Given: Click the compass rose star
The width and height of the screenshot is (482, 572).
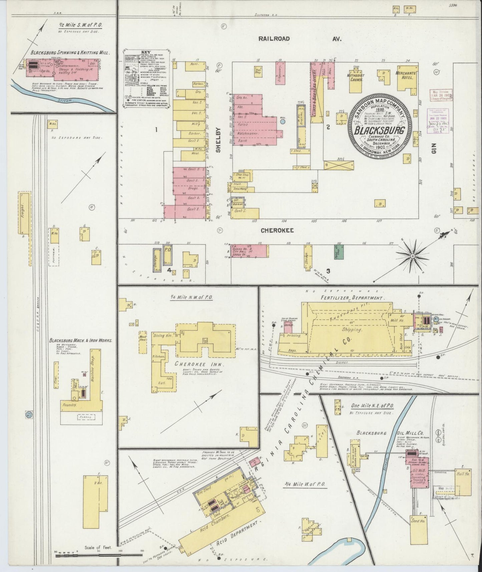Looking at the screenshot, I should coord(413,256).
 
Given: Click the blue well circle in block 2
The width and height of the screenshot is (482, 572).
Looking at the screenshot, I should coord(283,122).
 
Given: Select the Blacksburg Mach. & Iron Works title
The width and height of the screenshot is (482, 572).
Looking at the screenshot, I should coord(80,341).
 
